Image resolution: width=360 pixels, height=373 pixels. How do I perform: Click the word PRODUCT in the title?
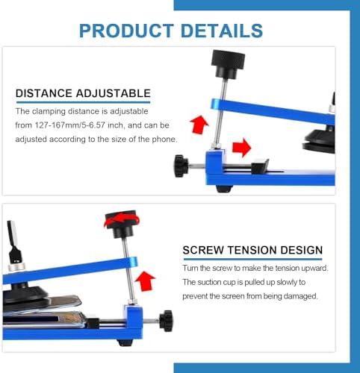coord(126,31)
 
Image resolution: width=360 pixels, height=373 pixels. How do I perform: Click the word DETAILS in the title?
coord(222,31)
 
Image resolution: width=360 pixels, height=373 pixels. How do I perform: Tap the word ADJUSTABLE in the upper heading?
coord(114,93)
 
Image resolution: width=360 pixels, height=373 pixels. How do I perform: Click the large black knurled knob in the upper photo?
coord(228,64)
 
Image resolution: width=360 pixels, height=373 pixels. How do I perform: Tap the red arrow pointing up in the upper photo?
coord(199,125)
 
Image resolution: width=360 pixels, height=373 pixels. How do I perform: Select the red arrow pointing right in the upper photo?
coord(241,148)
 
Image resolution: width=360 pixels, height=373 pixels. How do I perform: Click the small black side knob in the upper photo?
coord(181,166)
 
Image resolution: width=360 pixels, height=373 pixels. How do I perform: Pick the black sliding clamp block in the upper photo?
coord(260,166)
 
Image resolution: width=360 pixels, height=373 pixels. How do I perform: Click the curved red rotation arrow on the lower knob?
coord(122,220)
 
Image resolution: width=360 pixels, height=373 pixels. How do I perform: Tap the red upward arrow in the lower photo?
coord(145,280)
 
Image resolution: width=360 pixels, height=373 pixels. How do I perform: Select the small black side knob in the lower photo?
coord(167,321)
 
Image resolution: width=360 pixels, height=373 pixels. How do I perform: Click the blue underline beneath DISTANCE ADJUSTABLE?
coord(84,102)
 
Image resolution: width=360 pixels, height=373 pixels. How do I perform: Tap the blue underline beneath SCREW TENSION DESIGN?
coord(252,259)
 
